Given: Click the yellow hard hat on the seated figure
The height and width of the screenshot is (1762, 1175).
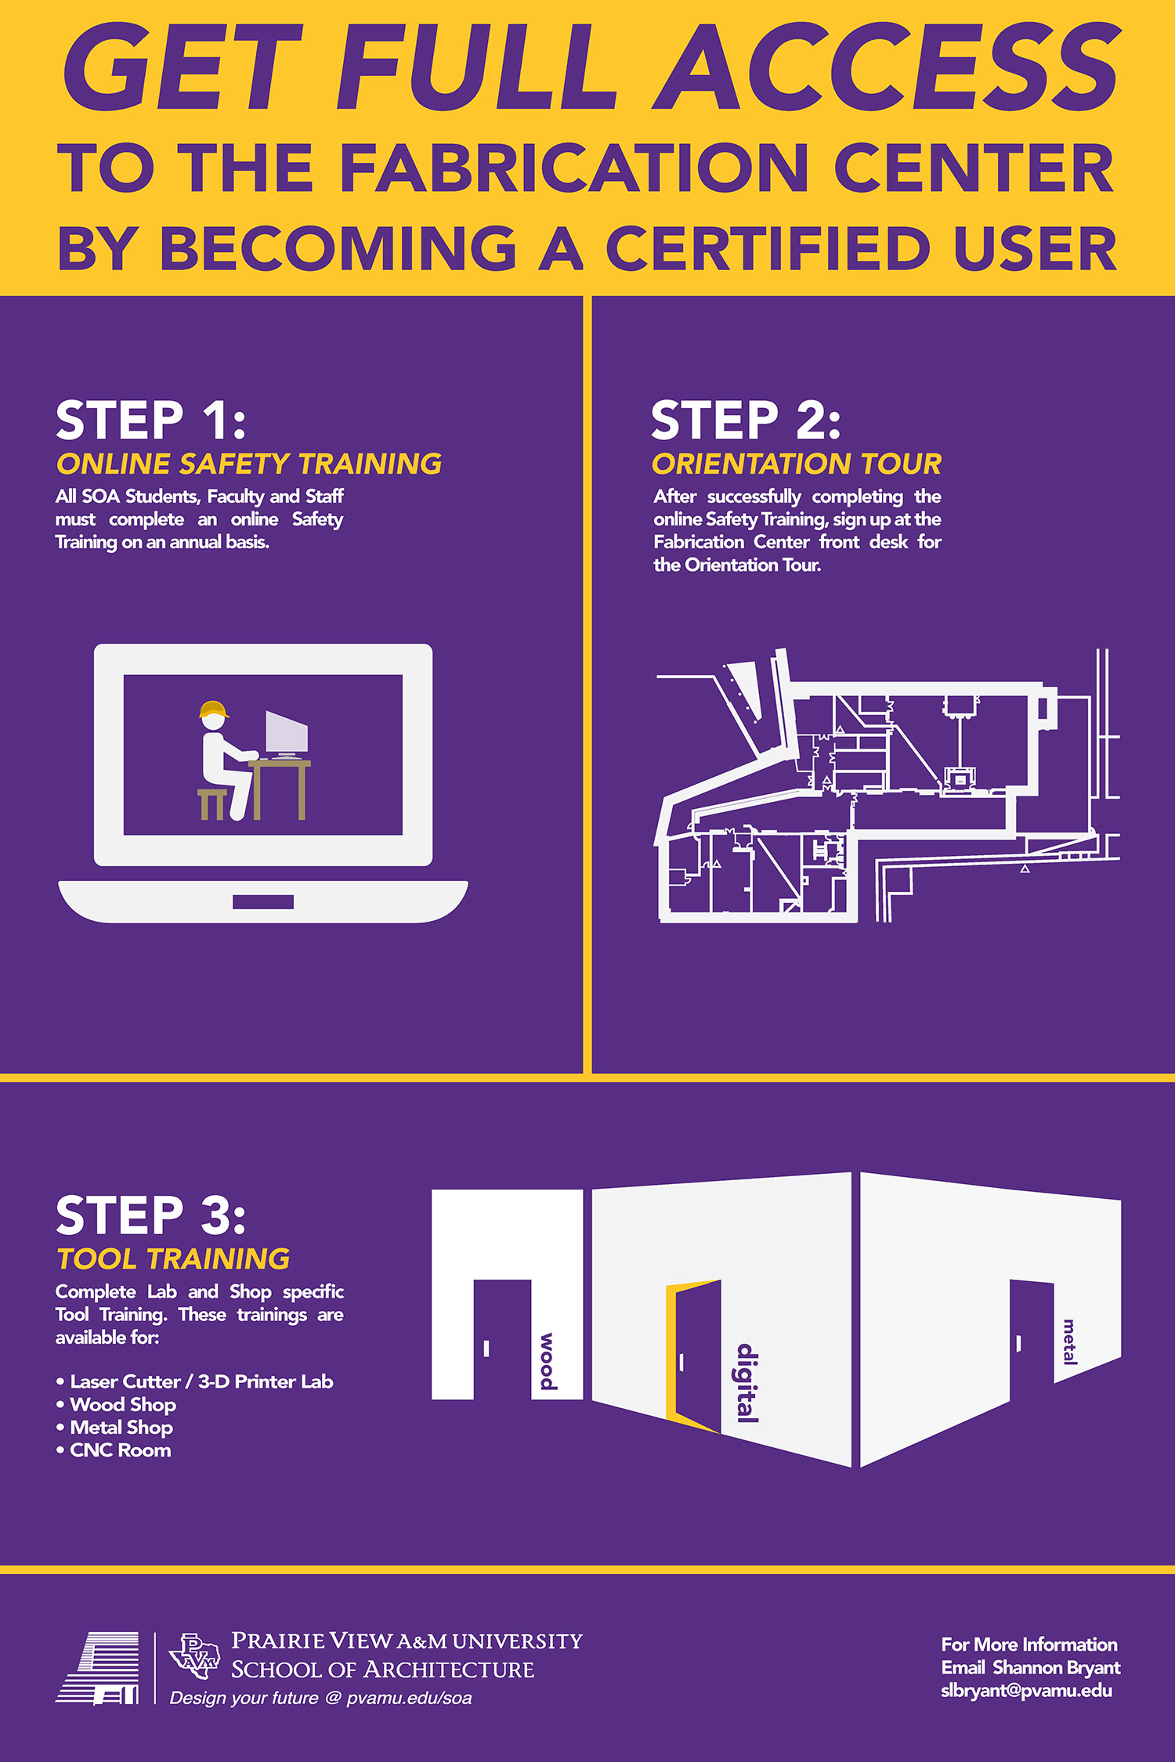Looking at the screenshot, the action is [214, 709].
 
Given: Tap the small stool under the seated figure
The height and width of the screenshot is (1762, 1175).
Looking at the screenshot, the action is [212, 804].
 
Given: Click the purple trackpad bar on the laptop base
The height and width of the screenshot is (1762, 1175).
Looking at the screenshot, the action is [263, 902].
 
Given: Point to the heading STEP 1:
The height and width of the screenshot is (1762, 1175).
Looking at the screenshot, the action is [151, 421].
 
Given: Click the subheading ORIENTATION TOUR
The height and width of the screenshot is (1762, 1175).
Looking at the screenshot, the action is [797, 464].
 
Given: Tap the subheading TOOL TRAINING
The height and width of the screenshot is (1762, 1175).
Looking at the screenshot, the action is [173, 1259].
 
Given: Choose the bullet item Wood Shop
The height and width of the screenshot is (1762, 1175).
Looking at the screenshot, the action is [123, 1405].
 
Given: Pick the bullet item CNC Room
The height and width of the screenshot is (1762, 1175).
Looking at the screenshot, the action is [121, 1450].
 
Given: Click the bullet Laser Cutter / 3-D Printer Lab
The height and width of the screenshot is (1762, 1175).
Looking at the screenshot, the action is [201, 1381].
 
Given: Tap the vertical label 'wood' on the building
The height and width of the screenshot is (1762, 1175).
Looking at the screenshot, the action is [548, 1361].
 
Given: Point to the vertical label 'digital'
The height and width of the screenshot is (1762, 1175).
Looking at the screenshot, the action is [747, 1382].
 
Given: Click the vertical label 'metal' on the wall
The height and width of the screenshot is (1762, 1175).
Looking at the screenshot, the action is [1069, 1341].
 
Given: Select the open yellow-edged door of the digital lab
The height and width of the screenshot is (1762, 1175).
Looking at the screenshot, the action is [693, 1356].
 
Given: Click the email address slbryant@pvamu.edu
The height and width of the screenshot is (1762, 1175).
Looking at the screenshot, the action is [1027, 1691].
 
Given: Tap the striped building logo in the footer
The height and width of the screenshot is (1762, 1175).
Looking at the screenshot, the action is [98, 1668].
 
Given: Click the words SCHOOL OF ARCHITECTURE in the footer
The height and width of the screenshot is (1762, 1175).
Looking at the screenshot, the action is [382, 1669].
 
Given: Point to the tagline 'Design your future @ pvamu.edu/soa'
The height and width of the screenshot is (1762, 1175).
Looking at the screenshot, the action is [321, 1698].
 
